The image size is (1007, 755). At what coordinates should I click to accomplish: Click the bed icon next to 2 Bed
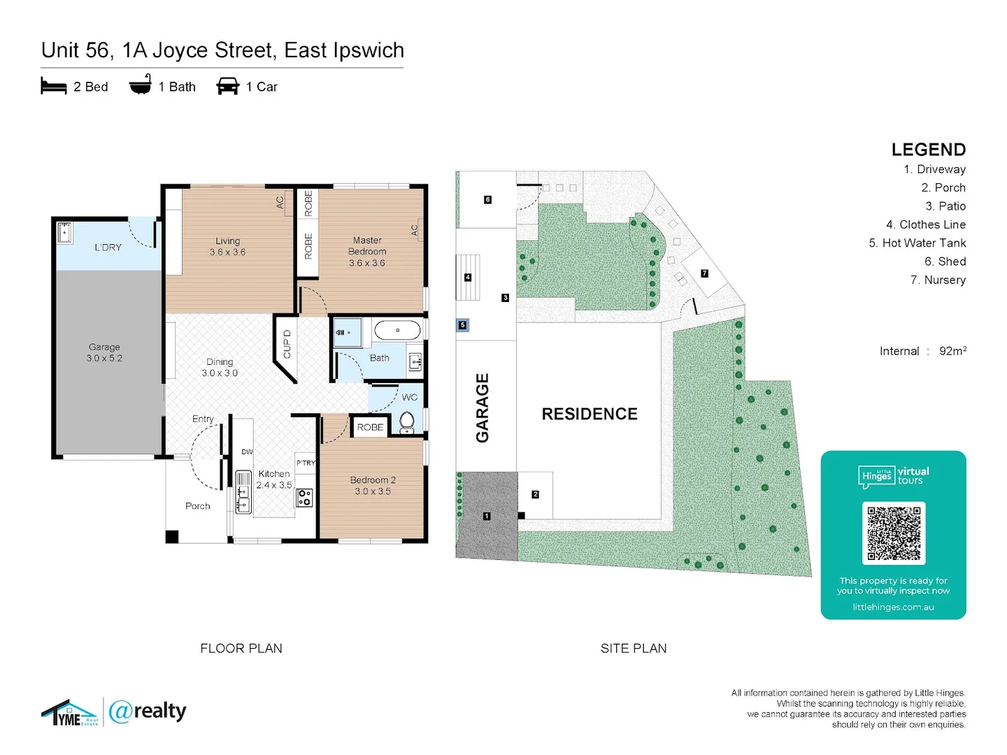coord(54,86)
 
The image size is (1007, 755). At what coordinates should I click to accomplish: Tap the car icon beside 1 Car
coord(228,86)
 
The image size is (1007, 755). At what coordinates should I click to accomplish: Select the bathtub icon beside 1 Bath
coord(140,85)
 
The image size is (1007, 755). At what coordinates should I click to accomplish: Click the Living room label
coord(227,246)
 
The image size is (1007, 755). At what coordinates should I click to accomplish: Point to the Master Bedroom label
coord(367,251)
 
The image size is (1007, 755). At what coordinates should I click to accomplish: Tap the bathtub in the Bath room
coord(397,330)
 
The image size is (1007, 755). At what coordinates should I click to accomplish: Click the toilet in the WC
coord(407,422)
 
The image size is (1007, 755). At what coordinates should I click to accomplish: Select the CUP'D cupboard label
coord(287,345)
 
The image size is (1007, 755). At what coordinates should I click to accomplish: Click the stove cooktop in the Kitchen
coord(305,498)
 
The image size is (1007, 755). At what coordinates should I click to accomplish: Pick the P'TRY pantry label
coord(306,463)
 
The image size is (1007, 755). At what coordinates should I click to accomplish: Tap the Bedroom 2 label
coord(373,485)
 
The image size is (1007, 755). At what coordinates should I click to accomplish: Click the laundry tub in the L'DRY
coord(64,232)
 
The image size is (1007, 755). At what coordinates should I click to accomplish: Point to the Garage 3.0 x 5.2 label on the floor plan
coord(104,352)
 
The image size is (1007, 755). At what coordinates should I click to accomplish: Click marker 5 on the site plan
coord(462,325)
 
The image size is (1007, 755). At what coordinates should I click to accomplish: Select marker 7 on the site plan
coord(704,273)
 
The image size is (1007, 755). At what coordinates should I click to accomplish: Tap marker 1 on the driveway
coord(487,516)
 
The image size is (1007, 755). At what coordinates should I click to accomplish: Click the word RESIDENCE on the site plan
coord(590,414)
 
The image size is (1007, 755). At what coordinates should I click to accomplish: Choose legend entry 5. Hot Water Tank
coord(917,243)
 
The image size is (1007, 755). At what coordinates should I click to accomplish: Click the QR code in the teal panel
coord(894,533)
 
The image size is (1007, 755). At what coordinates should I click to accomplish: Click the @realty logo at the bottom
coord(148,712)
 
